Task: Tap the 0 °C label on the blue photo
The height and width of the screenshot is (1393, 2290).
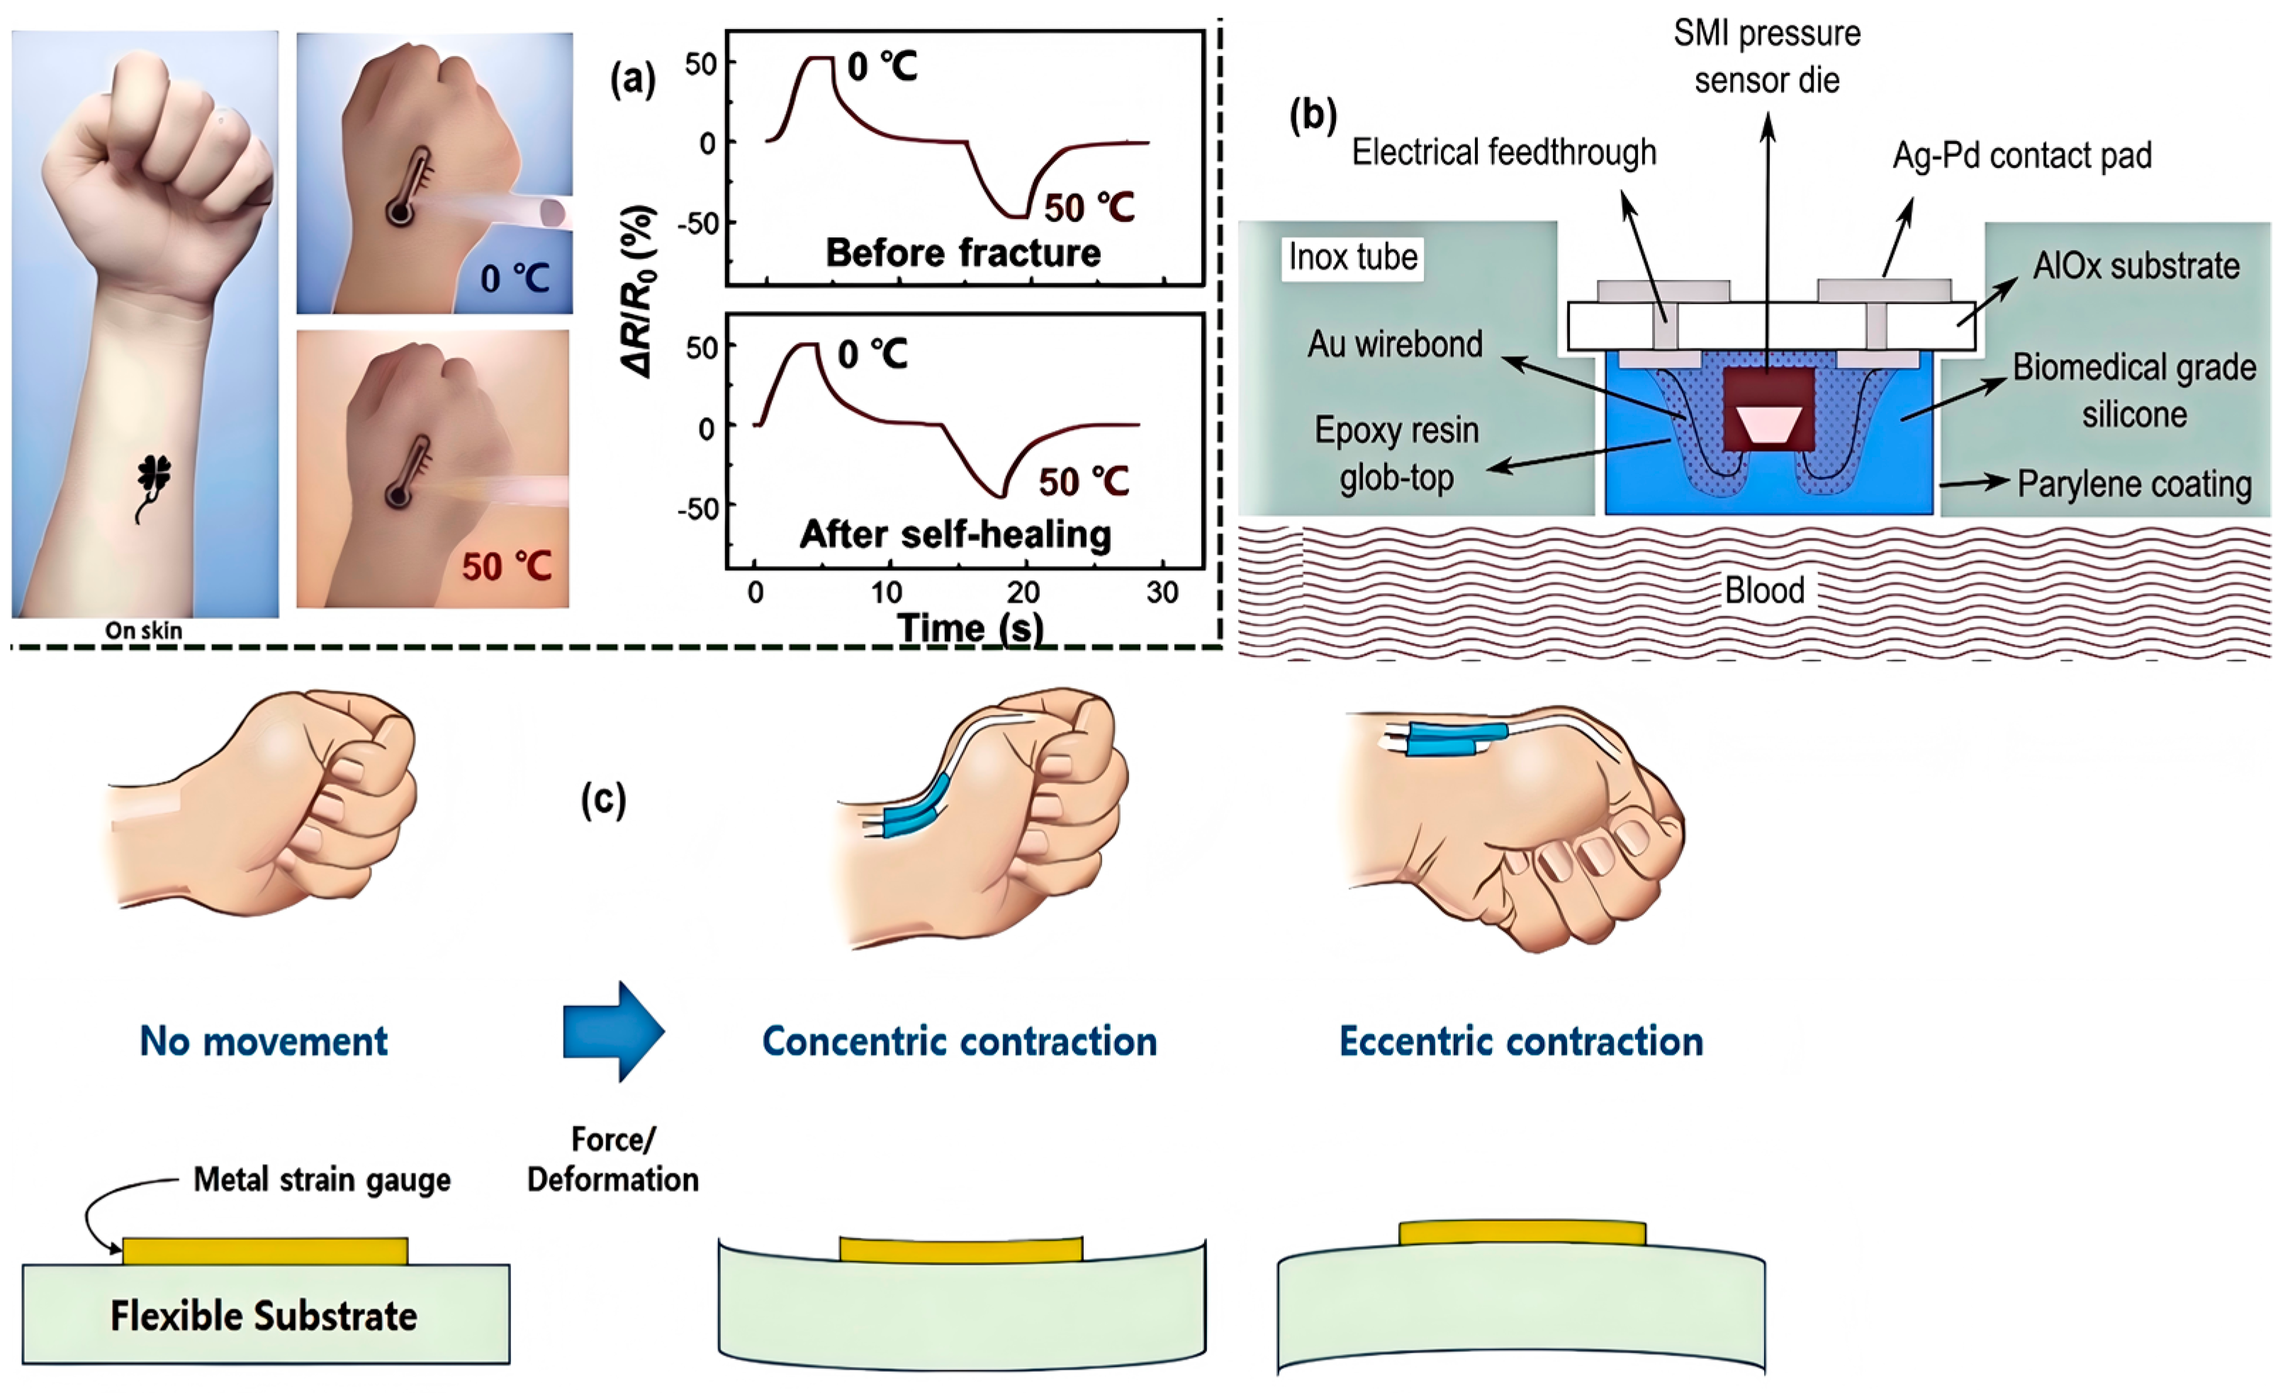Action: (x=515, y=278)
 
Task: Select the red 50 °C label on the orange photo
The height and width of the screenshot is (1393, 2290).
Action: (x=507, y=566)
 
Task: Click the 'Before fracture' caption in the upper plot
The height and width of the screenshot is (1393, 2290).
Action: (x=962, y=253)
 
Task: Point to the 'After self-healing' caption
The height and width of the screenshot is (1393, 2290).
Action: (x=955, y=534)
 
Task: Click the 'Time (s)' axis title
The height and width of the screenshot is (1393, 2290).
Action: (x=970, y=629)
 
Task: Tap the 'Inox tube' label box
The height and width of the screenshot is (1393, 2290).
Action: (x=1352, y=257)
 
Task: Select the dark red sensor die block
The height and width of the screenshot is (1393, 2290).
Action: (x=1768, y=410)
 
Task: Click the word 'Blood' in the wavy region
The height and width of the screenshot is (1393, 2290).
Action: (x=1764, y=590)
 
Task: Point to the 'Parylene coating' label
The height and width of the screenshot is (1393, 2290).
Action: (x=2134, y=484)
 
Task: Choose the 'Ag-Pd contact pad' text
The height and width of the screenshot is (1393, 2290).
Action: (x=2022, y=155)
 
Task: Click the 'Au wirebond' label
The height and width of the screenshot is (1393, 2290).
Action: (x=1395, y=345)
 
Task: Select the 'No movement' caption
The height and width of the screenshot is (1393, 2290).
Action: (x=264, y=1042)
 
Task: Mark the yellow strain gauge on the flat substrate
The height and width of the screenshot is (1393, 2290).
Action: (x=265, y=1251)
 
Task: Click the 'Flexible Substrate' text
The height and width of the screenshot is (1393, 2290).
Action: (x=264, y=1316)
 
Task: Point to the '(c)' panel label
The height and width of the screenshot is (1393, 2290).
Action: (x=604, y=800)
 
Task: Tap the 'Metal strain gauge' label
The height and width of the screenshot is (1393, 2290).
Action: (x=322, y=1179)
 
